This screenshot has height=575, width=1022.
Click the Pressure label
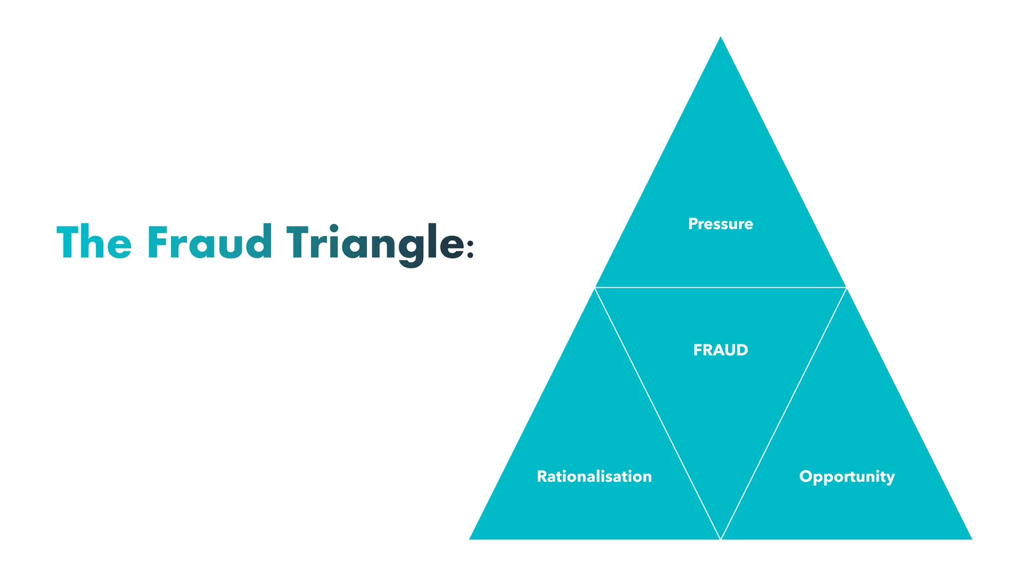pos(720,224)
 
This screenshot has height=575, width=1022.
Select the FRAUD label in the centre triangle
pos(720,350)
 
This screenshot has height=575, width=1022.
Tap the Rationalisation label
pos(594,476)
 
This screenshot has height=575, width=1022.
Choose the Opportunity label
pos(846,477)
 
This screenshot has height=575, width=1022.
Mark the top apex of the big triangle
pos(721,38)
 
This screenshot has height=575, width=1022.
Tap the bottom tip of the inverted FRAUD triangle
pos(721,538)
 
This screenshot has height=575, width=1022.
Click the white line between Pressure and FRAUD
pos(721,287)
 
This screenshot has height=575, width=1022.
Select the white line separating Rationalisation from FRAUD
pos(658,413)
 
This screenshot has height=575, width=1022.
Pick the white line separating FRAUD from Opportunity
pos(783,413)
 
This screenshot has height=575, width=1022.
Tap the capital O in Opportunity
pos(806,476)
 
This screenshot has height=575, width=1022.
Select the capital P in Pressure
pos(693,224)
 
